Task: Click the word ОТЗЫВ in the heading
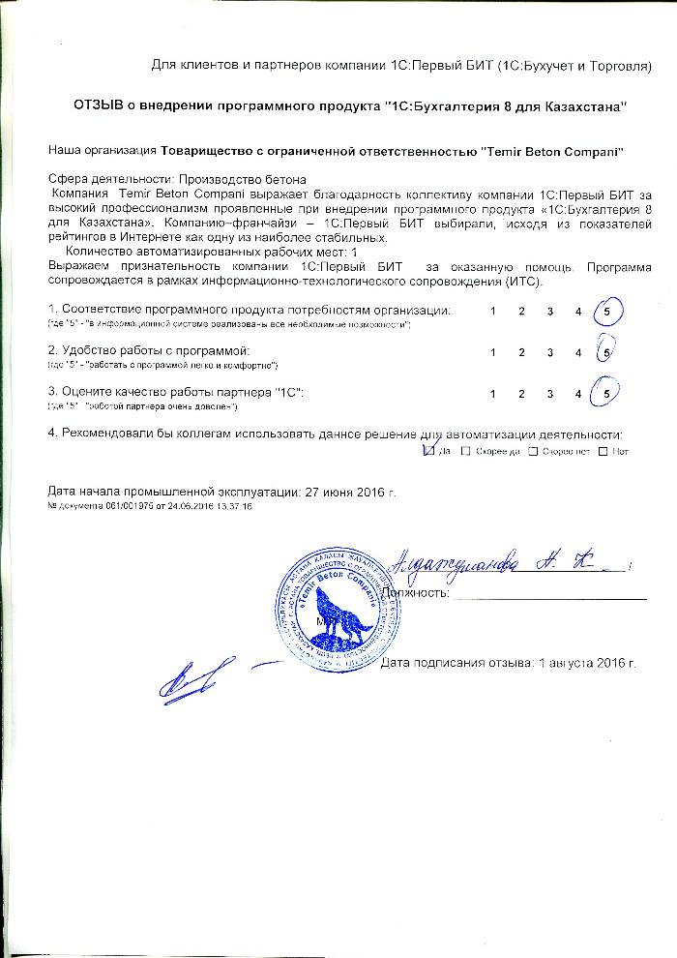point(101,104)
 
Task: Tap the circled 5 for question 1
point(606,312)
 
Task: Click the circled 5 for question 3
point(606,394)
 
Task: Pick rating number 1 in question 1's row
point(493,312)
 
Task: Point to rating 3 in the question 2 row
point(549,352)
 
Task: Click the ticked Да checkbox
point(429,450)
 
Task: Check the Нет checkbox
point(603,451)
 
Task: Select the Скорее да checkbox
point(466,451)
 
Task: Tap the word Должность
point(416,592)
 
